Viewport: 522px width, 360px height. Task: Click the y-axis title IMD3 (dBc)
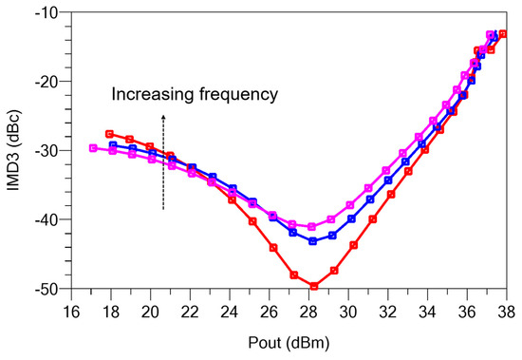tap(17, 148)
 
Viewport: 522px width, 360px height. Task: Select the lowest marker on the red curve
tap(314, 286)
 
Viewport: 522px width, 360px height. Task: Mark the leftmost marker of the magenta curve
tap(92, 147)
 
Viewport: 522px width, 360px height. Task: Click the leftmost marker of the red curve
tap(109, 134)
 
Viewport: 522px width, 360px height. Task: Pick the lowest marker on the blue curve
tap(313, 241)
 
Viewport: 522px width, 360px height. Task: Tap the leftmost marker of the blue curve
tap(113, 145)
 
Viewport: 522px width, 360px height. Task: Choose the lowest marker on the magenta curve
tap(312, 227)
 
